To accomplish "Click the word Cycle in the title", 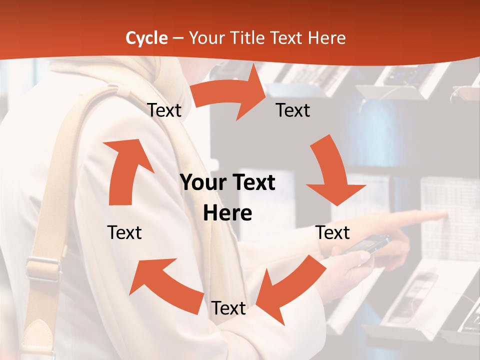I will click(x=146, y=38).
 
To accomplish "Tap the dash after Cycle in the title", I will click(x=178, y=38).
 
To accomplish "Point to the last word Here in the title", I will click(x=328, y=38).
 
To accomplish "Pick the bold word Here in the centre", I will click(x=227, y=213).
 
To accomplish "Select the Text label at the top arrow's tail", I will click(x=164, y=110).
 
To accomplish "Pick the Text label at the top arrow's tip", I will click(x=293, y=110).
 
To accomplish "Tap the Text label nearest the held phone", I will click(x=333, y=232).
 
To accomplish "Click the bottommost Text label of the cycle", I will click(x=228, y=308).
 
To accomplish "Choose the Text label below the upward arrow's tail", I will click(x=124, y=232).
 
